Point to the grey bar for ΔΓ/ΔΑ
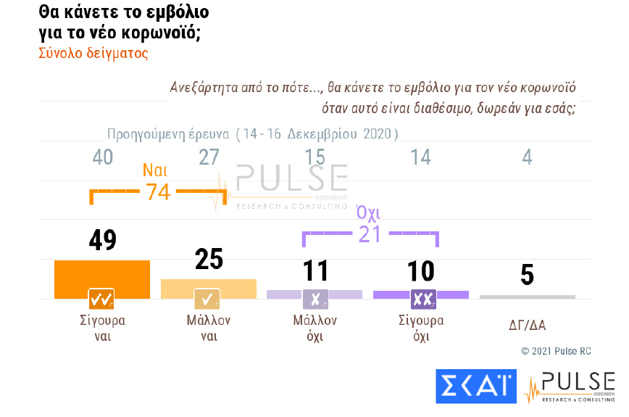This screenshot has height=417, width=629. (528, 297)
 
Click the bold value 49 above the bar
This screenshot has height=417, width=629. (102, 241)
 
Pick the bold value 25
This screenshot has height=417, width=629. (209, 260)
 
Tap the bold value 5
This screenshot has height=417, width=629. (528, 275)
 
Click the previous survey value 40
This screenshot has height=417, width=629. (102, 157)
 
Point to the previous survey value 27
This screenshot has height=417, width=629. (209, 157)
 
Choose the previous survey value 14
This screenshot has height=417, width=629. (420, 157)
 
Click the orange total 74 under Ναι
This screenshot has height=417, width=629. (157, 192)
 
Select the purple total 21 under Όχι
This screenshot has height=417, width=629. (369, 234)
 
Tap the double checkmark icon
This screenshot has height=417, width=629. (101, 299)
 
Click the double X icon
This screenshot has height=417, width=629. (422, 299)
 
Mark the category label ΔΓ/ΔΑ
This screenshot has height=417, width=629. (528, 326)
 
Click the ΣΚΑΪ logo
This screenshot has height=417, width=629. (475, 387)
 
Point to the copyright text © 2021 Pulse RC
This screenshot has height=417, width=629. (556, 351)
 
